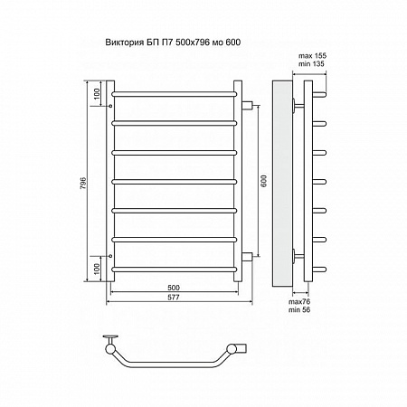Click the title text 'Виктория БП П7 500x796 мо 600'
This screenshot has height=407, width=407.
[x=173, y=43]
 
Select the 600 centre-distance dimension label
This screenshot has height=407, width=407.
[x=264, y=181]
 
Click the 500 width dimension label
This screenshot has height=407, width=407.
[x=174, y=288]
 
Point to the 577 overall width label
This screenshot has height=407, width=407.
[x=174, y=298]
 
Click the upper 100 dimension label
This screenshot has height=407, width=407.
[x=97, y=94]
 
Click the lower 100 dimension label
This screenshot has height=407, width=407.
[x=97, y=269]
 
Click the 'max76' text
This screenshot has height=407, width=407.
[x=299, y=302]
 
